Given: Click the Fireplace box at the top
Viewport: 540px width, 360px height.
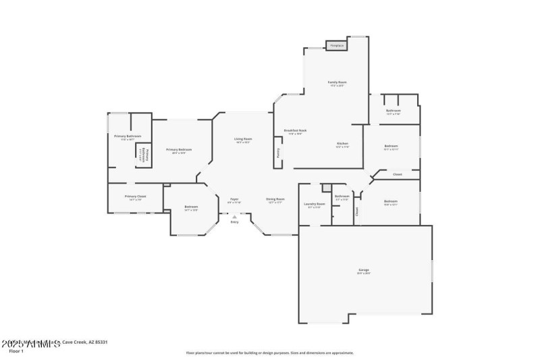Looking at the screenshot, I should (x=336, y=46).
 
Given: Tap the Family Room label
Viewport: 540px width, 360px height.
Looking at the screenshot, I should (x=337, y=82).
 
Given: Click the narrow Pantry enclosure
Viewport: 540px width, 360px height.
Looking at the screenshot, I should (x=277, y=153).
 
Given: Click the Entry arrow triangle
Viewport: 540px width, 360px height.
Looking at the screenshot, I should (x=234, y=216).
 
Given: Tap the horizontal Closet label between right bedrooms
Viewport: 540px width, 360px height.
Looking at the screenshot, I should (x=397, y=174).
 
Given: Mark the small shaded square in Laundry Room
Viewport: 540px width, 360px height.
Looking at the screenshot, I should (x=326, y=187).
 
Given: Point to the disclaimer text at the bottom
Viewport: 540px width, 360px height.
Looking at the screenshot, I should (x=269, y=353).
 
